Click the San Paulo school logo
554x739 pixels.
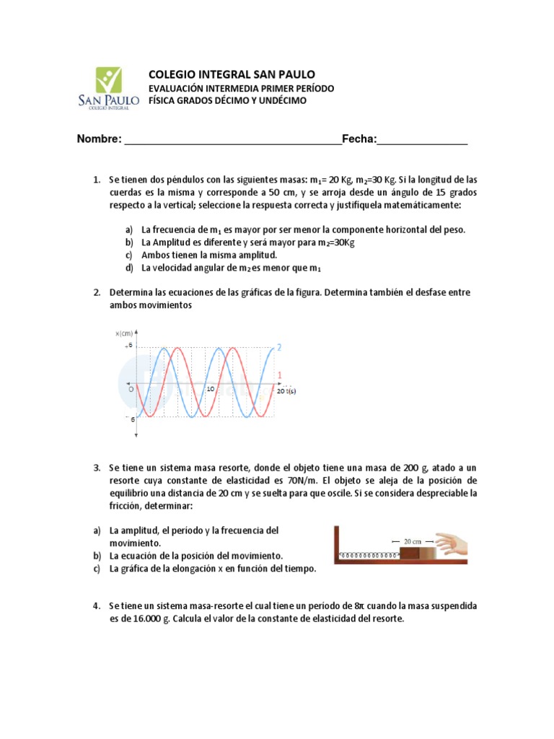tap(108, 87)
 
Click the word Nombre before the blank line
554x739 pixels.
tap(100, 139)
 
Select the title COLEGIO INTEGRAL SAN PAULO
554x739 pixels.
tap(231, 74)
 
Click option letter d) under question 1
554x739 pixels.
tap(129, 268)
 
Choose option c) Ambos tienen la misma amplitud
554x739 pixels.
tap(209, 255)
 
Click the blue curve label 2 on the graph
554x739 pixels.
tap(279, 348)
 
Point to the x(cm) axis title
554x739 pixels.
tap(125, 333)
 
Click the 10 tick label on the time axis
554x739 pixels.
tap(211, 389)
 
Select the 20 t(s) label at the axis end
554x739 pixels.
tap(286, 390)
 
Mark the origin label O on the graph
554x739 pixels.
tap(131, 388)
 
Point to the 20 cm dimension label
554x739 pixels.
tap(413, 540)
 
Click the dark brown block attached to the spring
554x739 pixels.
tap(410, 554)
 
